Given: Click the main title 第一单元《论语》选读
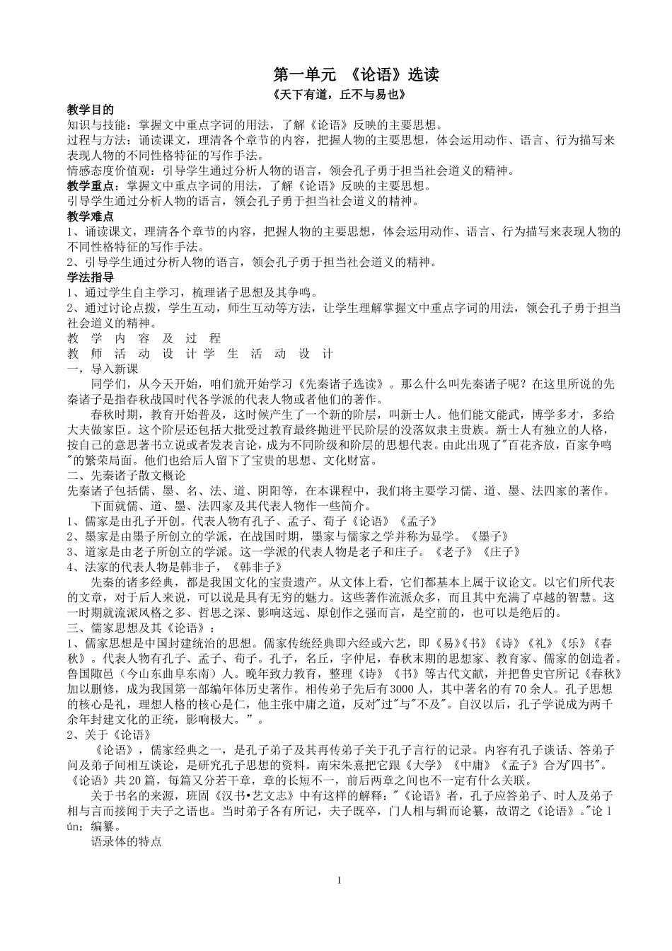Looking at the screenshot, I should [356, 75].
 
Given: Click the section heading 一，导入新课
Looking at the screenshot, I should [102, 369].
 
